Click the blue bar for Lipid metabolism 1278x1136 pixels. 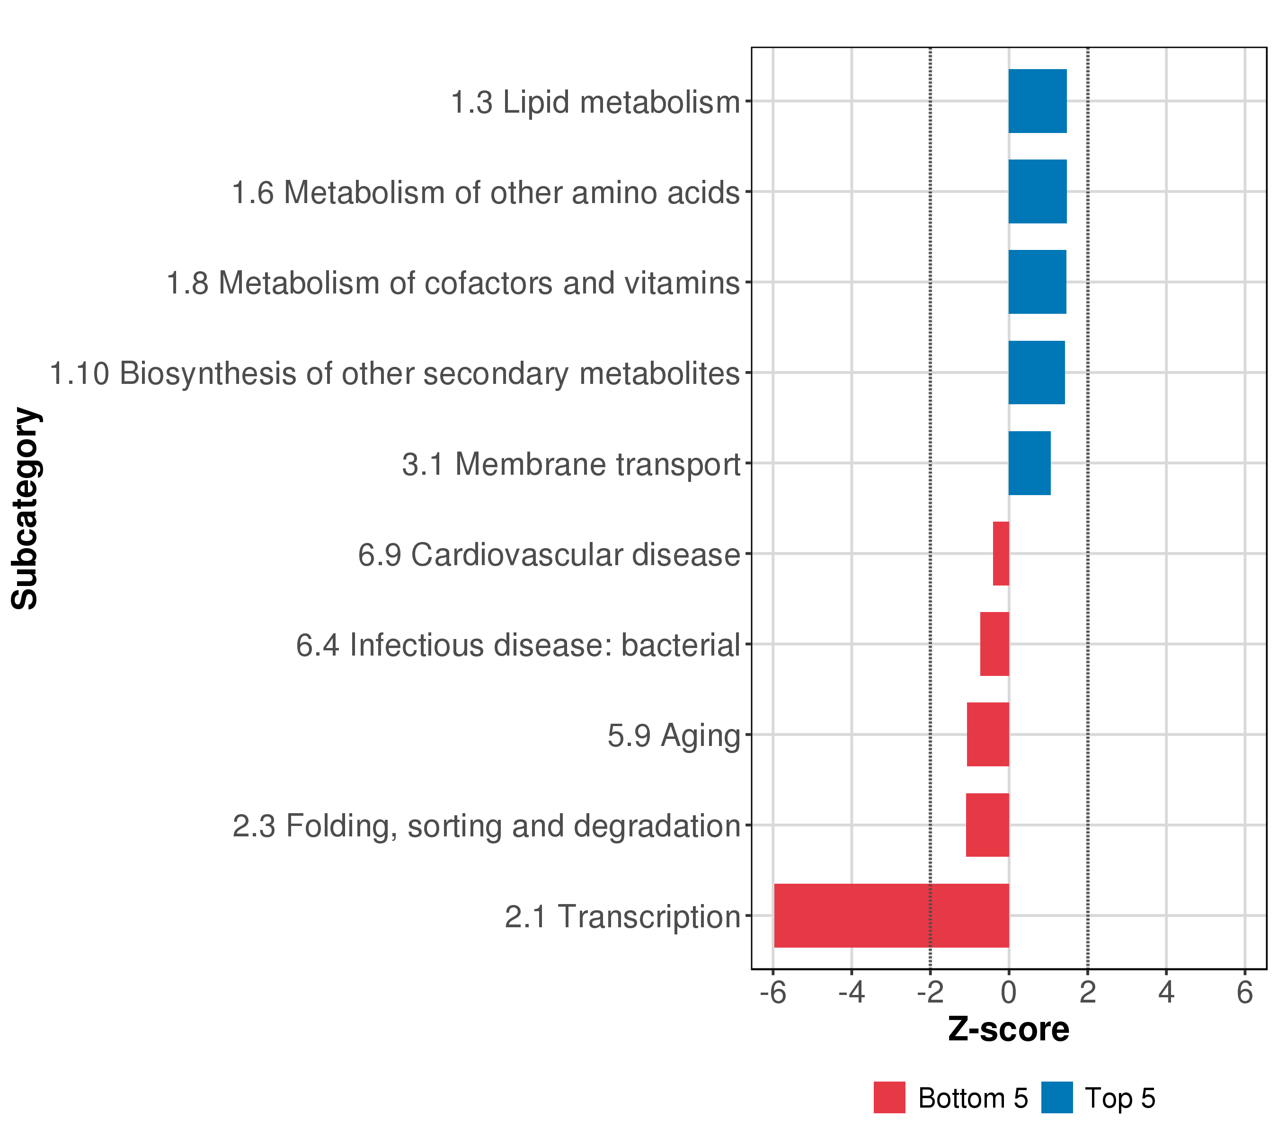(1037, 101)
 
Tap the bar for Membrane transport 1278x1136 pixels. (1029, 463)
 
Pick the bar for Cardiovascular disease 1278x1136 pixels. (1001, 553)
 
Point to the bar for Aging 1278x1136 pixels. (988, 735)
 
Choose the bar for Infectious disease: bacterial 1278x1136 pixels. (994, 644)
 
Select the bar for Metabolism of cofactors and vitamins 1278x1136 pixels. (1037, 282)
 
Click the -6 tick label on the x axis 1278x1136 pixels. (773, 993)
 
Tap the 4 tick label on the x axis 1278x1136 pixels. (1166, 993)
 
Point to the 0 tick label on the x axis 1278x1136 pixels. (1009, 993)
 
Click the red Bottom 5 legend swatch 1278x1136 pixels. (889, 1097)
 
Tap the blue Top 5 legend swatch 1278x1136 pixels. (1056, 1097)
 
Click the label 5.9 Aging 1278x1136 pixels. (674, 735)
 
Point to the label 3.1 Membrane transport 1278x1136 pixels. (571, 464)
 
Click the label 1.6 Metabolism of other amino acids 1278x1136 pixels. (486, 193)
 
